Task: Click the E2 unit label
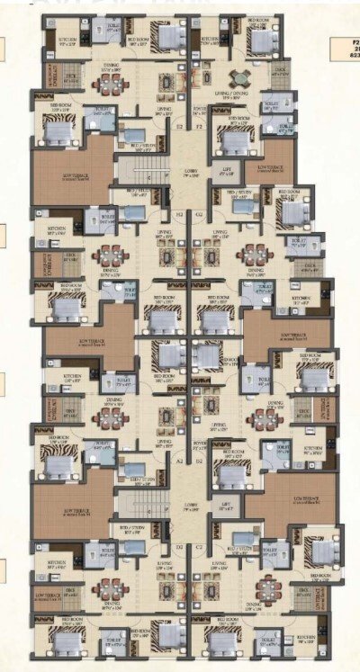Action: coord(178,128)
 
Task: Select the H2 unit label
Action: coord(178,216)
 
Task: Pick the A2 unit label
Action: coord(178,460)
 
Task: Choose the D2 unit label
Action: coord(178,547)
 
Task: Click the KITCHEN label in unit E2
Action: coord(68,39)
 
